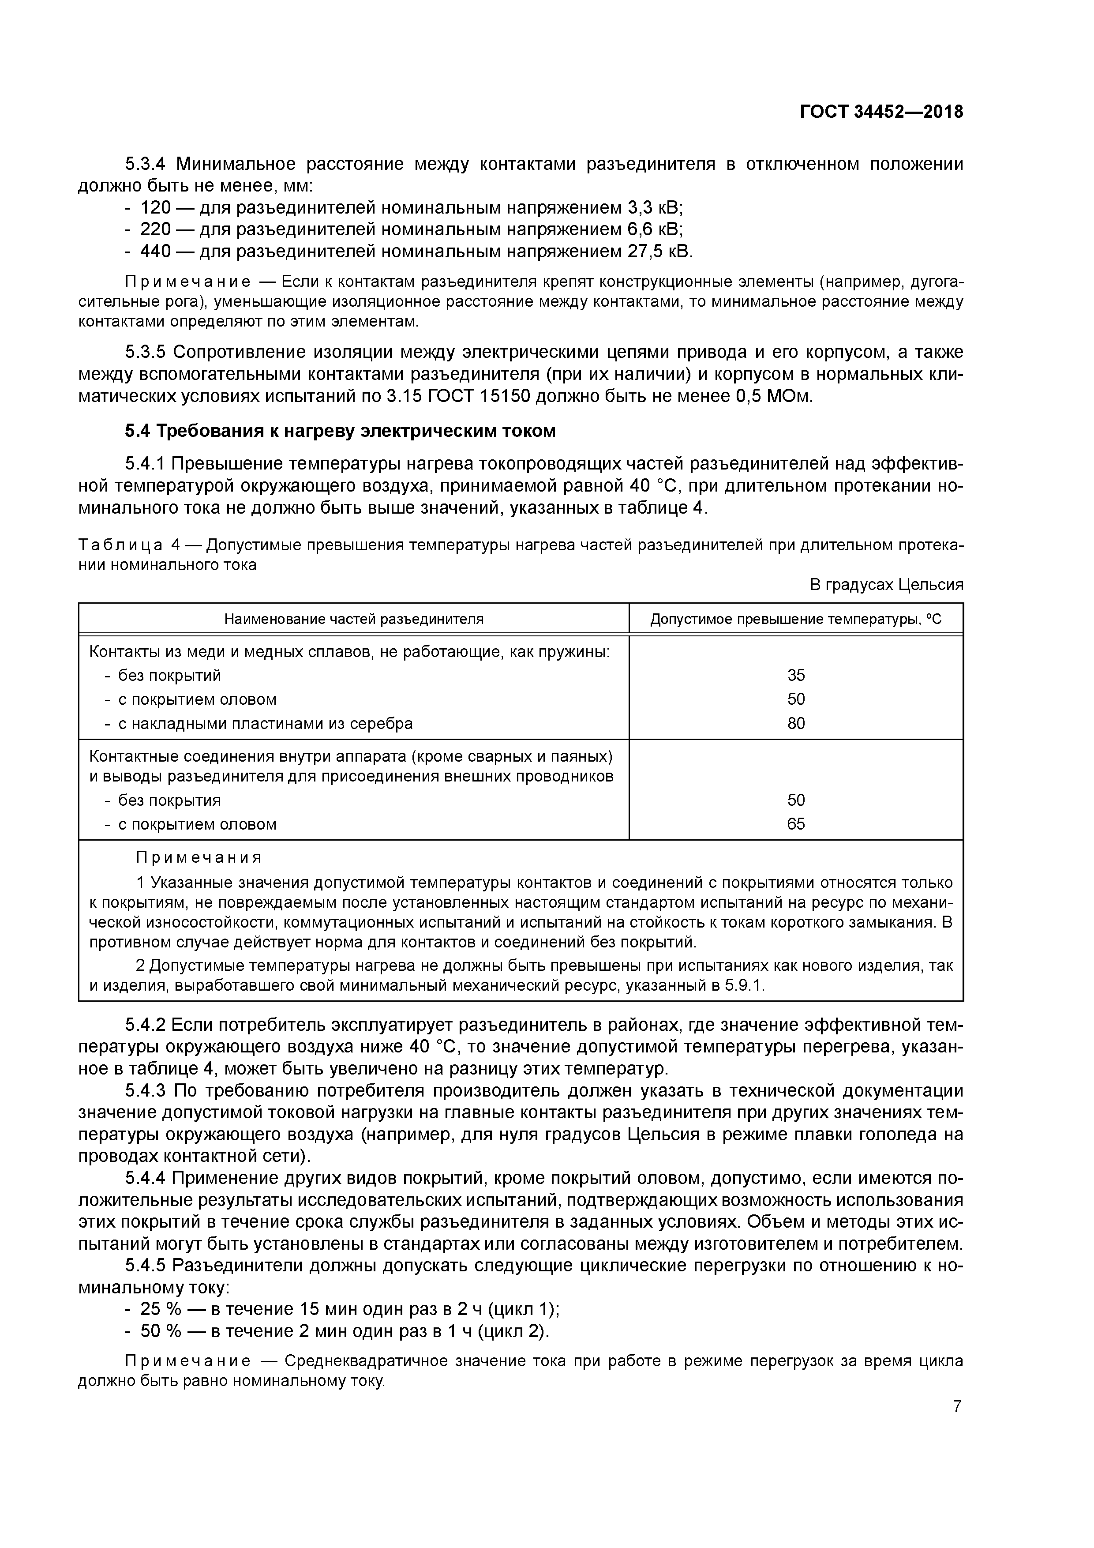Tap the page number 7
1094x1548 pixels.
956,1406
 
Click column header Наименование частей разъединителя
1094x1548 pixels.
353,619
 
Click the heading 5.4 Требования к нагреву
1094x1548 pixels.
341,431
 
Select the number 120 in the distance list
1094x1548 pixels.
155,208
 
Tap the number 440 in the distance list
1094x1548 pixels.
155,252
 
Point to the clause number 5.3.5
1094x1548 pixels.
147,353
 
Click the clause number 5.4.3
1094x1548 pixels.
147,1091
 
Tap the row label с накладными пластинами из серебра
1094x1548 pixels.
265,723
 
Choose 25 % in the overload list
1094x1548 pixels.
161,1309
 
